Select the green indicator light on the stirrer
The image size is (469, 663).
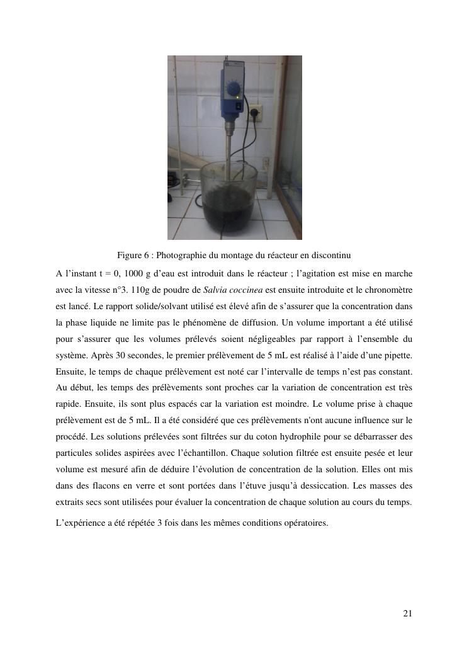[x=237, y=98]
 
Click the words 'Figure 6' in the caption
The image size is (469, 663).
[x=132, y=256]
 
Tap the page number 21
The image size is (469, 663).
[x=407, y=614]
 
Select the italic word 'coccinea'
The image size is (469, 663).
[x=246, y=290]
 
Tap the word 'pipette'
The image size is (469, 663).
[x=398, y=355]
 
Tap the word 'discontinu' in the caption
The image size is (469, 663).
[x=332, y=256]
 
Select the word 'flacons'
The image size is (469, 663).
[x=108, y=485]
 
